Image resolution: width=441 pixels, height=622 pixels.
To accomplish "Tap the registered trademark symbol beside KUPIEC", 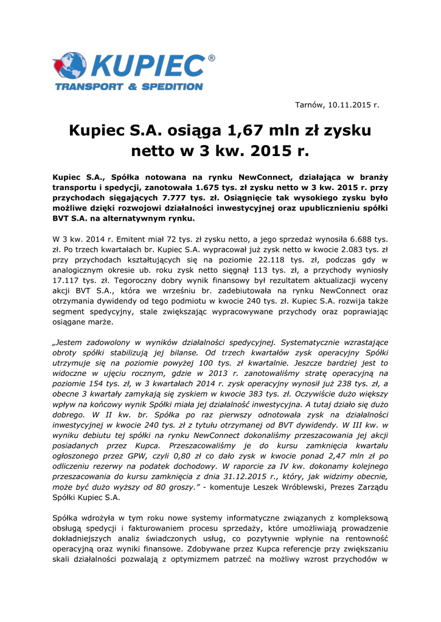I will coord(212,58).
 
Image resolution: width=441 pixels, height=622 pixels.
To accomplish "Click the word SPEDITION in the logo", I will coord(172,87).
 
